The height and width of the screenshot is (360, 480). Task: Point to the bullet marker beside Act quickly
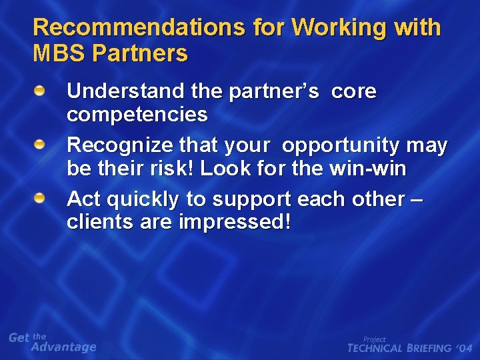(x=41, y=198)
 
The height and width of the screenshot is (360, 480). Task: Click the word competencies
(x=137, y=115)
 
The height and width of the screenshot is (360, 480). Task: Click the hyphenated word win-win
(x=367, y=169)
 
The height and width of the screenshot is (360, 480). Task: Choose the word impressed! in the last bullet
(x=235, y=223)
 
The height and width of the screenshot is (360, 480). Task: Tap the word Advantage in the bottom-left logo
(x=64, y=347)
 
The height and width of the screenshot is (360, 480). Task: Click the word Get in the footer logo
(x=19, y=338)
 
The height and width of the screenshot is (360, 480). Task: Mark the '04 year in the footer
(x=464, y=348)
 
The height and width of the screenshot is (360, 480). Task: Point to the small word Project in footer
(x=374, y=339)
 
